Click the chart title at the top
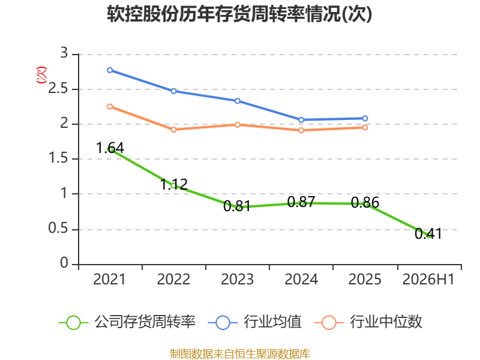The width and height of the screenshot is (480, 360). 239,14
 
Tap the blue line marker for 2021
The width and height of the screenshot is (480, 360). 110,70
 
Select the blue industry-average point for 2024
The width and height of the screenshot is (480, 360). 301,119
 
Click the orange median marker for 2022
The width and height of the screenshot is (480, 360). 173,130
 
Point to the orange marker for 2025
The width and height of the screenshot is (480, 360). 365,127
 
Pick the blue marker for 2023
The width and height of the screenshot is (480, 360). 238,101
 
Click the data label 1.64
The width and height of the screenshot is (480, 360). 110,148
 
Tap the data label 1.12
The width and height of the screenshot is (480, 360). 174,184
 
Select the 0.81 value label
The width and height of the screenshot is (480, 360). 237,206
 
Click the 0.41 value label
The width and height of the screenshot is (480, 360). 428,233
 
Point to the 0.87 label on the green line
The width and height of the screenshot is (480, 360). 301,202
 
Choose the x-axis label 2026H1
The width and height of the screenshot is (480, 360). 428,279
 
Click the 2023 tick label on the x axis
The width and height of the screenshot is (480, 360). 238,279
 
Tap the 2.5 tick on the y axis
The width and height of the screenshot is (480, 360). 58,89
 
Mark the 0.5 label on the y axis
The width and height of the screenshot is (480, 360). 58,229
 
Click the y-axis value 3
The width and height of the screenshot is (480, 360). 64,53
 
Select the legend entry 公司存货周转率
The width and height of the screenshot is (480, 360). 127,322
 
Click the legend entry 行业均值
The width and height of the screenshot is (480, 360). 254,322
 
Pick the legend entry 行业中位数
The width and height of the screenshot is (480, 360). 368,322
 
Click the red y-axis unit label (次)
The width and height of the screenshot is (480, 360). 41,75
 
